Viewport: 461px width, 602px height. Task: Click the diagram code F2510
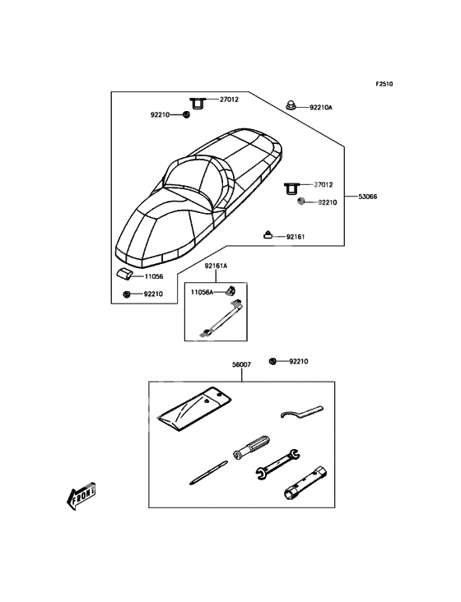pyautogui.click(x=384, y=84)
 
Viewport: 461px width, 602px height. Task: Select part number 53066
pyautogui.click(x=368, y=197)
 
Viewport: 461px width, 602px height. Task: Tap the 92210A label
pyautogui.click(x=321, y=108)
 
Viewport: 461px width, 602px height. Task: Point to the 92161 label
pyautogui.click(x=296, y=237)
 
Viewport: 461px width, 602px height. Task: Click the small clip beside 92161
pyautogui.click(x=268, y=234)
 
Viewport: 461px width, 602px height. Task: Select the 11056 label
pyautogui.click(x=154, y=276)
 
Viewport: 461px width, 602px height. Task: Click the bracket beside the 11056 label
pyautogui.click(x=124, y=273)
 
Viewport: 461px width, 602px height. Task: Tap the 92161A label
pyautogui.click(x=216, y=266)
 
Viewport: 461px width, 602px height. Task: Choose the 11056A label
pyautogui.click(x=202, y=292)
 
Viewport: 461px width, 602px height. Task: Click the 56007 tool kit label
pyautogui.click(x=241, y=364)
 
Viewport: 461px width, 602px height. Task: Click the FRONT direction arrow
pyautogui.click(x=81, y=496)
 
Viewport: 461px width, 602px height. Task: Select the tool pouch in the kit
pyautogui.click(x=194, y=409)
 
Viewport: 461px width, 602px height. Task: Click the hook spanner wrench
pyautogui.click(x=302, y=412)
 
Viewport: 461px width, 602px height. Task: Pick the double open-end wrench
pyautogui.click(x=277, y=464)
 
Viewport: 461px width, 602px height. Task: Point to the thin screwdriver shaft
pyautogui.click(x=208, y=473)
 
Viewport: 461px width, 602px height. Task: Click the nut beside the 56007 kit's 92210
pyautogui.click(x=272, y=361)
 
